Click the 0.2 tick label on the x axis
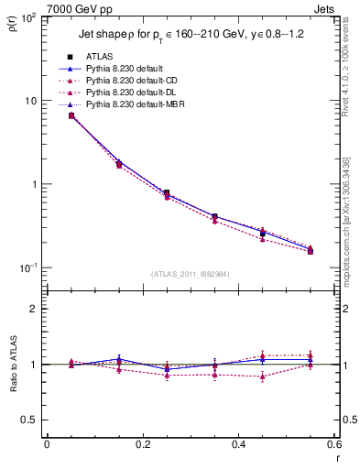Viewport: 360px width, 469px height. point(142,445)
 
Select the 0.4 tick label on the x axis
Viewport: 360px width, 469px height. point(237,445)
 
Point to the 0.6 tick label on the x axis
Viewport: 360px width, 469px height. point(333,445)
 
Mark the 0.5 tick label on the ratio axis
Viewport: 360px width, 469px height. point(32,420)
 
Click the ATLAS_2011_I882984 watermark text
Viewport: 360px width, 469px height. point(190,273)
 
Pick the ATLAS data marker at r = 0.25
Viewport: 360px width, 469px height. point(166,193)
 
